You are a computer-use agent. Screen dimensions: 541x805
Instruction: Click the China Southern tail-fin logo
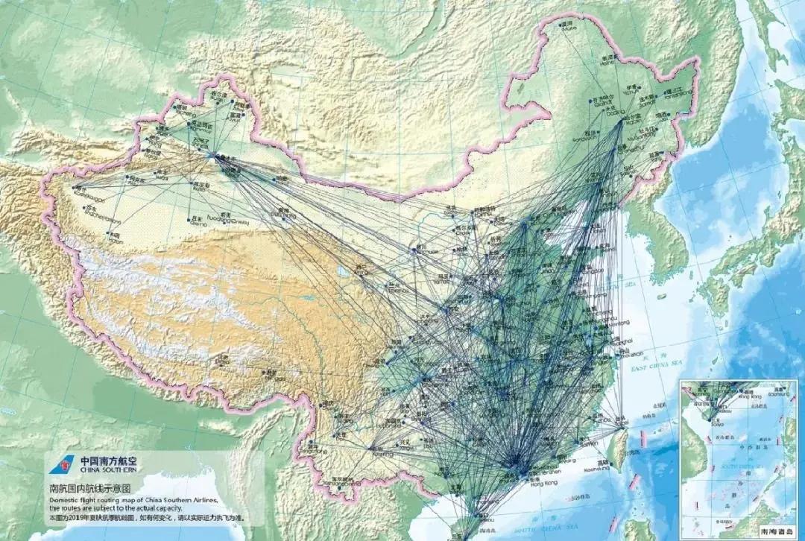pyautogui.click(x=58, y=465)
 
